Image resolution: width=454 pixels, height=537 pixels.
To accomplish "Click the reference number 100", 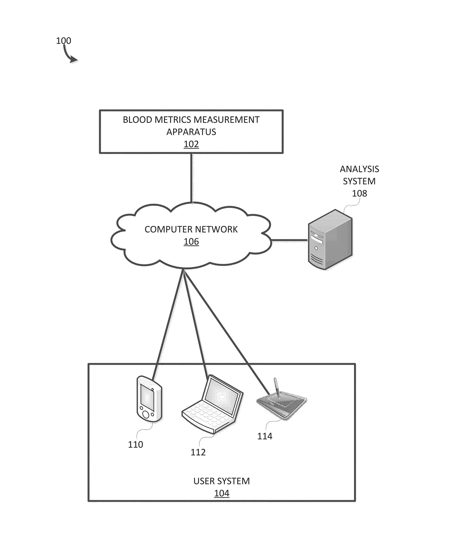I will [x=63, y=41].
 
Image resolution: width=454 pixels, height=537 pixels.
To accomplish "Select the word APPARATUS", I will [x=191, y=132].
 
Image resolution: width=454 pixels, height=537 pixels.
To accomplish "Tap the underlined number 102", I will [x=191, y=144].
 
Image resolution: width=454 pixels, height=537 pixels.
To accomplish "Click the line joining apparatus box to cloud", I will [x=191, y=177].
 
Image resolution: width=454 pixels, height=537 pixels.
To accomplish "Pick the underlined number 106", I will [x=191, y=241].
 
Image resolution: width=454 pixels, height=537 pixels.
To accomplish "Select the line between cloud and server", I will [x=290, y=240].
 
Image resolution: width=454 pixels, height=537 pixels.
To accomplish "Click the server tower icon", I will [x=330, y=240].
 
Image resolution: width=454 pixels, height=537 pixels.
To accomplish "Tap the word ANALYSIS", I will [x=359, y=169].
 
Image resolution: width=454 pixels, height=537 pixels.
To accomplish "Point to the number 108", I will [x=359, y=193].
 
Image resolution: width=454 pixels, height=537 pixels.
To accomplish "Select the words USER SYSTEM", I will [x=221, y=481].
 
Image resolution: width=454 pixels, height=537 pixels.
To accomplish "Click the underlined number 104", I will [x=222, y=493].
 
